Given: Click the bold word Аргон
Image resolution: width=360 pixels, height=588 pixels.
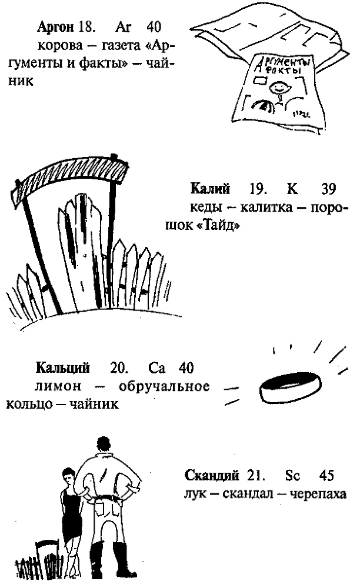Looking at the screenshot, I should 55,28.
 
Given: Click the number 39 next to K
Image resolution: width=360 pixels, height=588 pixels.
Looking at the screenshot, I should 329,189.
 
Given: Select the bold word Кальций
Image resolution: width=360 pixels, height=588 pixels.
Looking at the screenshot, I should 62,369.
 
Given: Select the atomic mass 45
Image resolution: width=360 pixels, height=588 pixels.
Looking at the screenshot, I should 329,475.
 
